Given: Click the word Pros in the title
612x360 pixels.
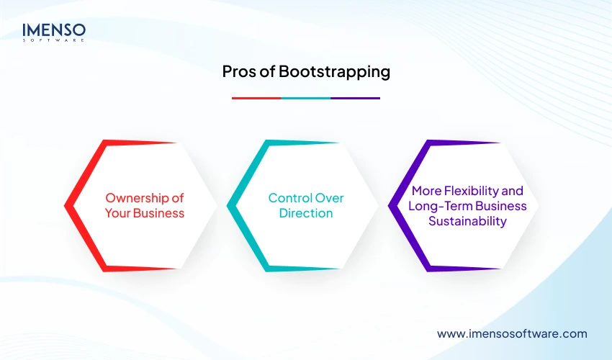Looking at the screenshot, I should point(236,72).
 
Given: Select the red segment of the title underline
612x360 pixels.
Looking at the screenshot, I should point(256,98).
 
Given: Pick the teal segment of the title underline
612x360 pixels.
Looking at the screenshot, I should point(305,98).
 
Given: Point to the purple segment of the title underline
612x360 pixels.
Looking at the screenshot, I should point(355,98).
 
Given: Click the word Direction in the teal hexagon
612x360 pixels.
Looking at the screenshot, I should point(306,213).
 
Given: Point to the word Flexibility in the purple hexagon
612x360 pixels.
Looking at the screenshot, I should point(472,192).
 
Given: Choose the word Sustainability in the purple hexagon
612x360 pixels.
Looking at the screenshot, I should point(467,221).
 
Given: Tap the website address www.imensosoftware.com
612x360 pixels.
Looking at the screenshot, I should point(512,334).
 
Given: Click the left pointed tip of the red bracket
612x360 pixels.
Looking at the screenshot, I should point(66,206).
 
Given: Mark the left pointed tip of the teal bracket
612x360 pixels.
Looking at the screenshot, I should point(228,206).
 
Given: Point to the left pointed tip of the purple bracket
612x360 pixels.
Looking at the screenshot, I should point(390,206).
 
